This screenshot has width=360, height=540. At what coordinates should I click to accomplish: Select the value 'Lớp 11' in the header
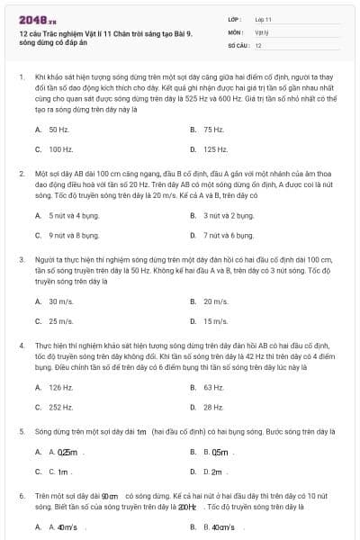264,18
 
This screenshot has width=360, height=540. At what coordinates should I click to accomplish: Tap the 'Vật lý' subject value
262,31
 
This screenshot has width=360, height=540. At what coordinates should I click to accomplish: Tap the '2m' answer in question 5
220,471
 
